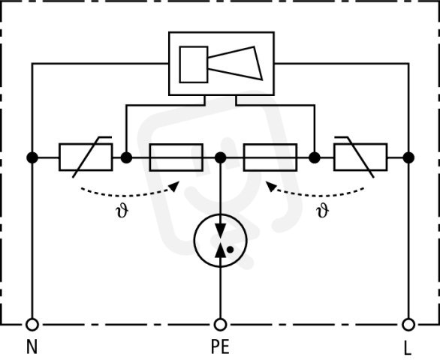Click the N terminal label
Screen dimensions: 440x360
tap(32, 346)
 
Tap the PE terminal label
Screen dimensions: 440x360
tap(220, 346)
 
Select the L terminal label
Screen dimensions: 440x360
tap(408, 349)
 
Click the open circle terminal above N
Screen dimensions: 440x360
tap(32, 325)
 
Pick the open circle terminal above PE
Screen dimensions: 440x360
tap(220, 325)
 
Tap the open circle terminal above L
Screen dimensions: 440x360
tap(408, 325)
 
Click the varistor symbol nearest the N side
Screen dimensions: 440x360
tap(86, 157)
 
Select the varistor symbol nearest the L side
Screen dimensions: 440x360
tap(360, 157)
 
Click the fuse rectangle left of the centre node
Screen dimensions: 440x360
tap(176, 157)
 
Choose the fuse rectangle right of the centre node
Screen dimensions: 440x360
tap(270, 157)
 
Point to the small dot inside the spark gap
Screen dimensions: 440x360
tap(230, 249)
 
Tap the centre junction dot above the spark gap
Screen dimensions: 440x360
tap(220, 157)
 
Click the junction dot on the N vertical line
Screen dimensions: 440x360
tap(32, 157)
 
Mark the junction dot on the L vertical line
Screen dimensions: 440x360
tap(408, 157)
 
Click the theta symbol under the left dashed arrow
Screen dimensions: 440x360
tap(122, 211)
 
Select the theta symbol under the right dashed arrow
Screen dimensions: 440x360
tap(323, 211)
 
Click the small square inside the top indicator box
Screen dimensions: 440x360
tap(194, 64)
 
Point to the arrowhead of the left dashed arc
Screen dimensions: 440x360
tap(175, 186)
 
